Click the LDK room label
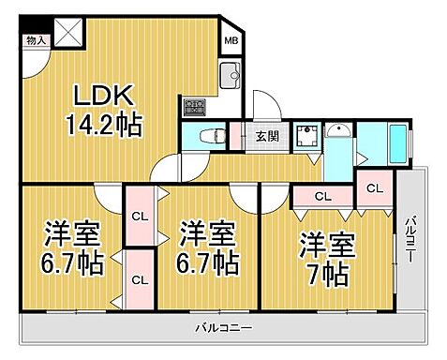[x=106, y=97]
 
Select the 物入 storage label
[x=37, y=40]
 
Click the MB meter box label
[x=231, y=42]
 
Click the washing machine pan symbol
[x=305, y=139]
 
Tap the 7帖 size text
[x=327, y=272]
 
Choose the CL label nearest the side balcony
[x=374, y=188]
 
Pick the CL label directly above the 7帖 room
[x=321, y=196]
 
